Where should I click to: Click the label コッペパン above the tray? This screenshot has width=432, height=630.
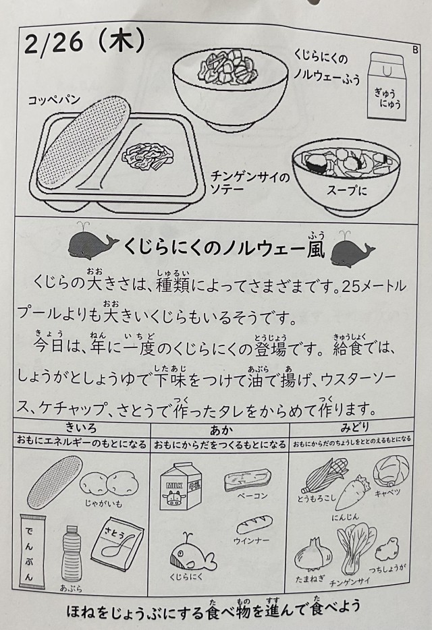pyautogui.click(x=54, y=100)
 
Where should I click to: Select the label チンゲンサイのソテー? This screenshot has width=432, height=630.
pyautogui.click(x=250, y=182)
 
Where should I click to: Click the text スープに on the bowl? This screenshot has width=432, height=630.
pyautogui.click(x=347, y=190)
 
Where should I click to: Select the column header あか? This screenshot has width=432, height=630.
pyautogui.click(x=221, y=430)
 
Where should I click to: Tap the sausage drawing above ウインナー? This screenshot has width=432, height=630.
pyautogui.click(x=254, y=525)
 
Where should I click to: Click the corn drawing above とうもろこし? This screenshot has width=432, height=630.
pyautogui.click(x=326, y=476)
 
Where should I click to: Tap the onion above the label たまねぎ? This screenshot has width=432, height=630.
pyautogui.click(x=311, y=556)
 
